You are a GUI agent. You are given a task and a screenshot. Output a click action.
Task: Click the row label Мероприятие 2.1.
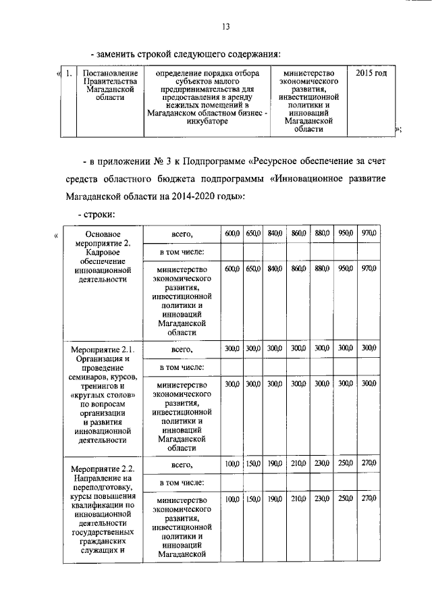point(103,349)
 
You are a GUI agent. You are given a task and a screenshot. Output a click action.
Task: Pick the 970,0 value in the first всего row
point(369,234)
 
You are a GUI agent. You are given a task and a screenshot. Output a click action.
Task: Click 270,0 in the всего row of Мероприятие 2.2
point(369,464)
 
